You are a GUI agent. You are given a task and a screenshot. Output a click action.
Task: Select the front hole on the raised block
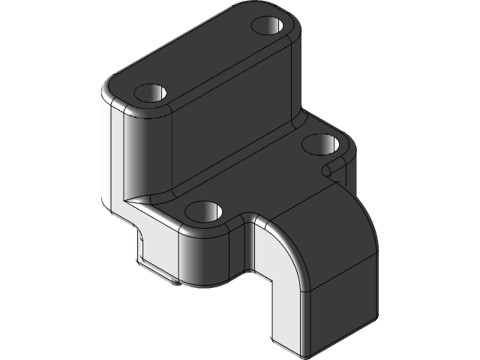tap(151, 93)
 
